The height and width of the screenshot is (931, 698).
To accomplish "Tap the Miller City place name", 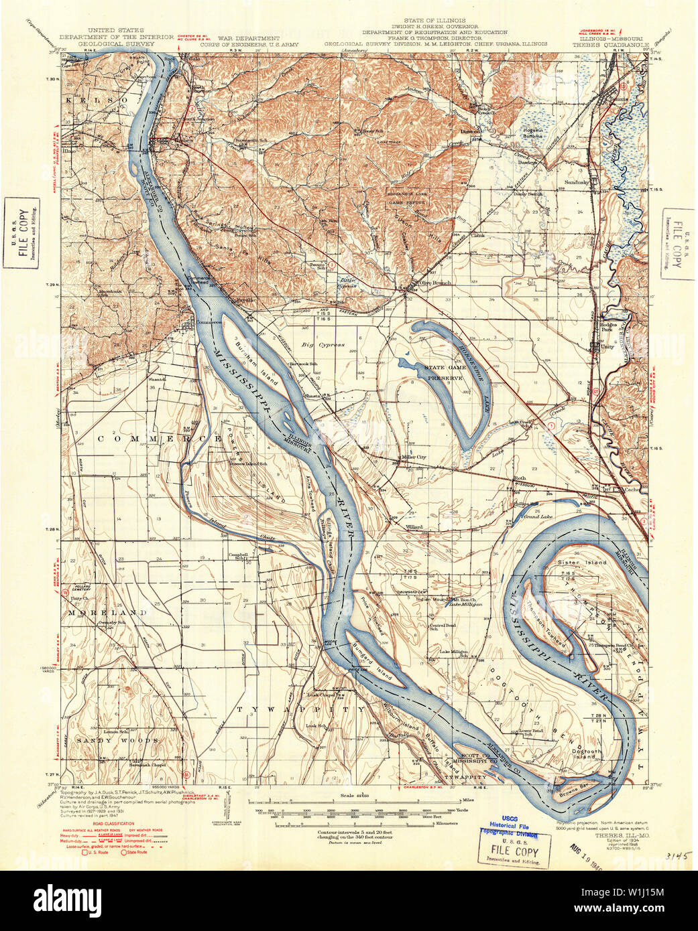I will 413,457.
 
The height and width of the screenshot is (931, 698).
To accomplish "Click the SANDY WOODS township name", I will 117,740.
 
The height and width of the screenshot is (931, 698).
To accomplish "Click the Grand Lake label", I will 538,516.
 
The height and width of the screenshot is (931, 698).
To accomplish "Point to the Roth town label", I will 520,478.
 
